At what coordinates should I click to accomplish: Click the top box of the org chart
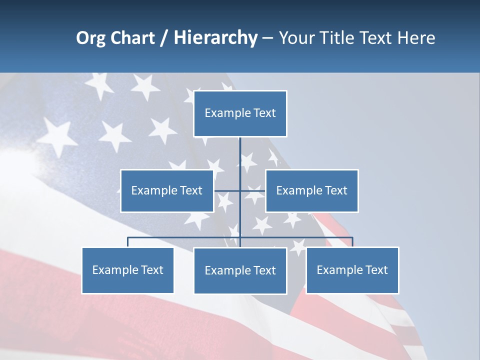(x=240, y=113)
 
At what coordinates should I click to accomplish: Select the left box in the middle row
(x=167, y=190)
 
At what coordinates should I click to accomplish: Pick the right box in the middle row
(x=311, y=190)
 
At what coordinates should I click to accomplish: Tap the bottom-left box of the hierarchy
(x=127, y=270)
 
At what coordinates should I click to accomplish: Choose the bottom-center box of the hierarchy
(x=240, y=270)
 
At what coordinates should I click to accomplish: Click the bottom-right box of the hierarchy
(x=352, y=270)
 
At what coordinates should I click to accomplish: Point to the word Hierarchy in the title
(x=215, y=38)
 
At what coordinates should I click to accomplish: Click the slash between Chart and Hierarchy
(x=164, y=38)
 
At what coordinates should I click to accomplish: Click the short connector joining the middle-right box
(x=253, y=190)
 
